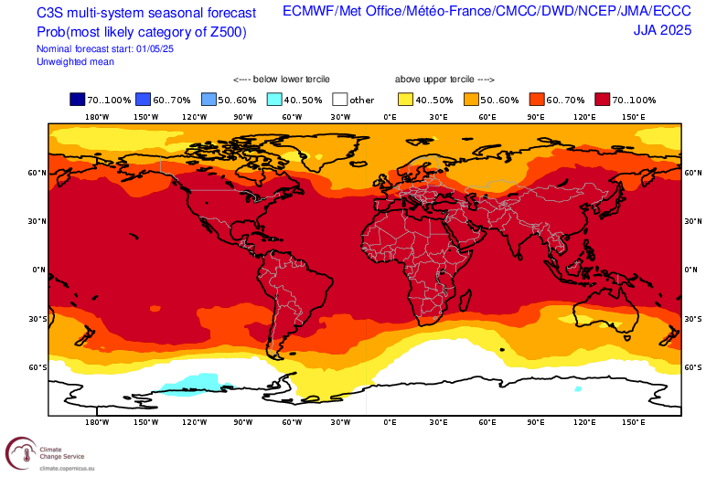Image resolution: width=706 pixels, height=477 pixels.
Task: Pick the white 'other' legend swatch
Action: pyautogui.click(x=340, y=100)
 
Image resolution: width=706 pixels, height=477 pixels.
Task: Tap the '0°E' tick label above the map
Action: pyautogui.click(x=390, y=117)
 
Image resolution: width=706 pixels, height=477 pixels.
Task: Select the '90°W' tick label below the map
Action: pyautogui.click(x=243, y=422)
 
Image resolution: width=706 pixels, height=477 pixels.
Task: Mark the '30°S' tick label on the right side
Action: pyautogui.click(x=693, y=319)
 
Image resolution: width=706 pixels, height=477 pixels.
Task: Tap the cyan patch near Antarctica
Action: pyautogui.click(x=187, y=383)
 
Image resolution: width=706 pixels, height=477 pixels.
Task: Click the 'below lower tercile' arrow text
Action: pyautogui.click(x=282, y=79)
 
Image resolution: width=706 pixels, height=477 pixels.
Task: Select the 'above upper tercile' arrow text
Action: pyautogui.click(x=444, y=79)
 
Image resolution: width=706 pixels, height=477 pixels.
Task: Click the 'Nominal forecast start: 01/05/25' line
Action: pyautogui.click(x=105, y=48)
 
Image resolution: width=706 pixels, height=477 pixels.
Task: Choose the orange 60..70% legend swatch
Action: pyautogui.click(x=537, y=100)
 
